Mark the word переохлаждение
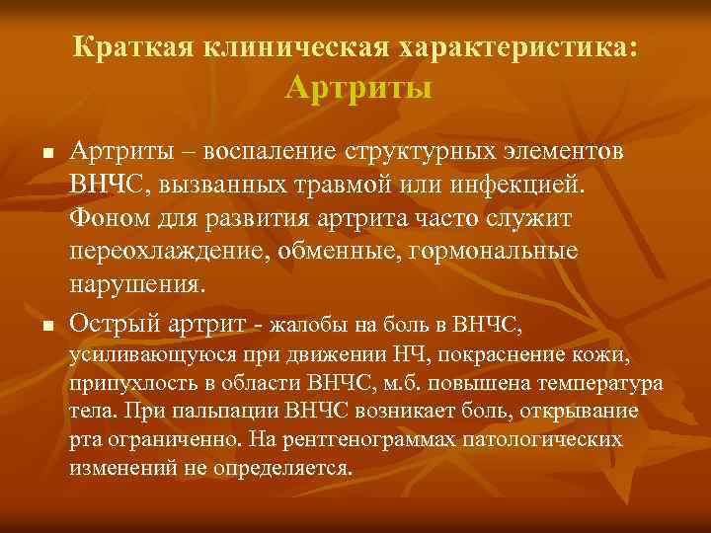click(x=166, y=252)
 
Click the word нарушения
click(x=136, y=284)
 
